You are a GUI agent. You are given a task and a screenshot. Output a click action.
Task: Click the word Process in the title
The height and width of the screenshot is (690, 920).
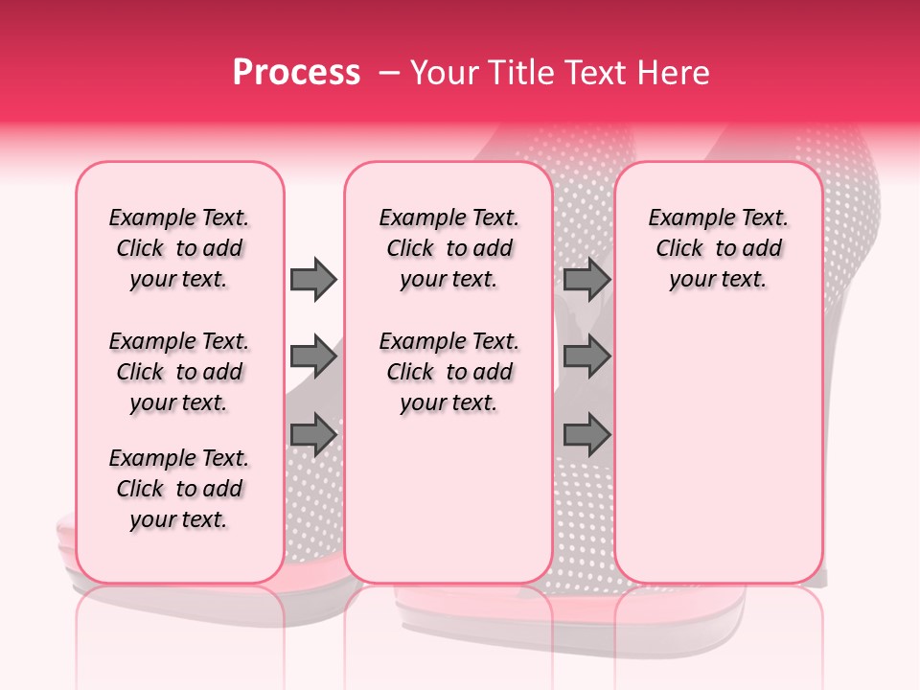pyautogui.click(x=296, y=73)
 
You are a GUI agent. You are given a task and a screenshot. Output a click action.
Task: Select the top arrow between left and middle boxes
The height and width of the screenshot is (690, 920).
pyautogui.click(x=313, y=279)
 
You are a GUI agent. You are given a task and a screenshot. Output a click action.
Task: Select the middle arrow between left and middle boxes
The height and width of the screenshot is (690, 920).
pyautogui.click(x=313, y=356)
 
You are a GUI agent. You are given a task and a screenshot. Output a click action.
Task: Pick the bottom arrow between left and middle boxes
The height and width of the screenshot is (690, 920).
pyautogui.click(x=313, y=435)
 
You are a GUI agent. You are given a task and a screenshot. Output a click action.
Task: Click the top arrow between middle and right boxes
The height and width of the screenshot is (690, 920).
pyautogui.click(x=586, y=279)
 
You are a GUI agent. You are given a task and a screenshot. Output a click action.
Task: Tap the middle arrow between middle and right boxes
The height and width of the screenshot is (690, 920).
pyautogui.click(x=586, y=356)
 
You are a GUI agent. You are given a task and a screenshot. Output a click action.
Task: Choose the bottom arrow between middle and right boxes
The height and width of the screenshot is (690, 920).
pyautogui.click(x=586, y=435)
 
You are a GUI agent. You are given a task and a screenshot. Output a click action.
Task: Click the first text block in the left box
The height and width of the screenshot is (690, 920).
pyautogui.click(x=179, y=248)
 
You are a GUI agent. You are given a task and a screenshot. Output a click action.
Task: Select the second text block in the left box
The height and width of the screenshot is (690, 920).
pyautogui.click(x=179, y=372)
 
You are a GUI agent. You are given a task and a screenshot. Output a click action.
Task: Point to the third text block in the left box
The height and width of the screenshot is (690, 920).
pyautogui.click(x=179, y=489)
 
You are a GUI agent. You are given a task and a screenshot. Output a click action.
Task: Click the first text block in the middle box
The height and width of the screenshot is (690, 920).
pyautogui.click(x=448, y=248)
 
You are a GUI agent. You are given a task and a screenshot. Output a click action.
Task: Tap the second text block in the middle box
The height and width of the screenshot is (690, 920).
pyautogui.click(x=448, y=372)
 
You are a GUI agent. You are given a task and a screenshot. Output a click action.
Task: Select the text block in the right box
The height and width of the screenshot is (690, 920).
pyautogui.click(x=718, y=248)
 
